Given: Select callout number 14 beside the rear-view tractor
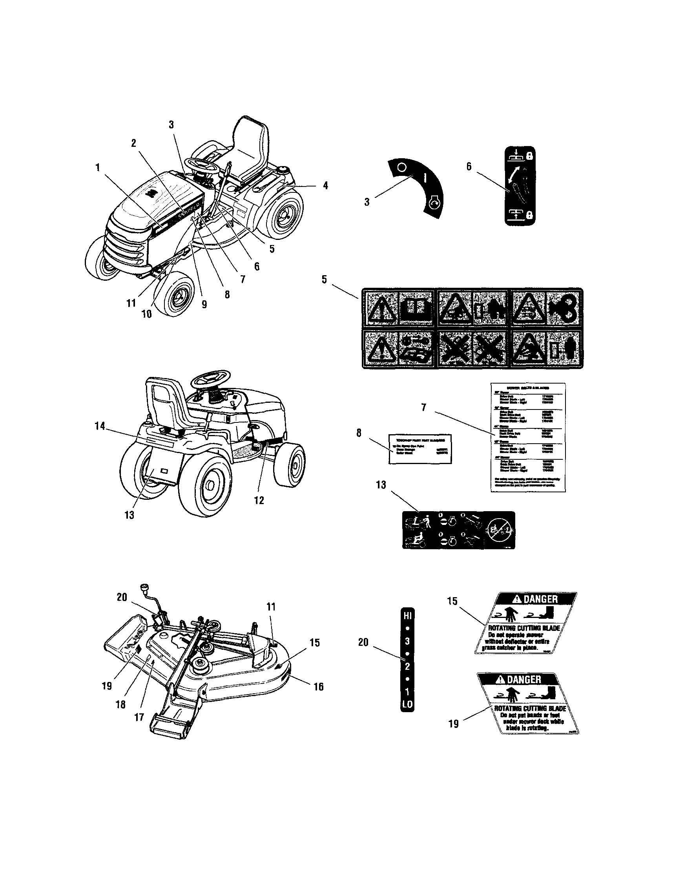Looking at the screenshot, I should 100,426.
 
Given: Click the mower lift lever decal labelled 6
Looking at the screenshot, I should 520,186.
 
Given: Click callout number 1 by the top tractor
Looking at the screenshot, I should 98,168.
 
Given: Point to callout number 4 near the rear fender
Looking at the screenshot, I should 325,185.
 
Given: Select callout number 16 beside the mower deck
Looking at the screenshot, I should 318,686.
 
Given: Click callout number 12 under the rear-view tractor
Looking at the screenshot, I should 259,500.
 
